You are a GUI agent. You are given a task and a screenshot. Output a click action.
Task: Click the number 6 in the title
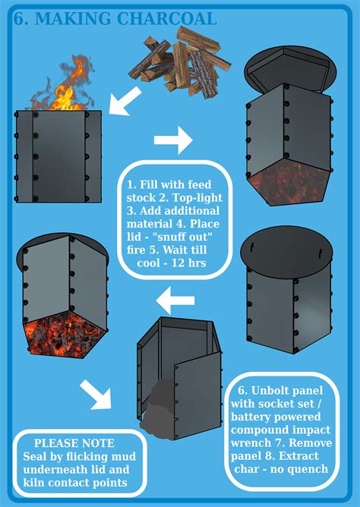tap(21, 19)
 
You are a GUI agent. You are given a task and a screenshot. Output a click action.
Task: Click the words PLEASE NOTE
tap(74, 443)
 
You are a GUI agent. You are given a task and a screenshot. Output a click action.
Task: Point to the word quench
tap(309, 469)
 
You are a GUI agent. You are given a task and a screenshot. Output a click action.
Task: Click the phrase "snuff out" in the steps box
tap(176, 237)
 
